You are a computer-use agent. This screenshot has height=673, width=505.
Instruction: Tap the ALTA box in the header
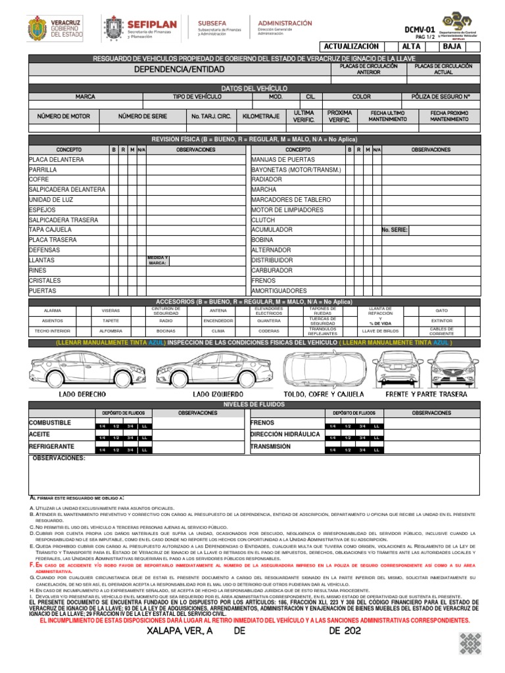(x=412, y=47)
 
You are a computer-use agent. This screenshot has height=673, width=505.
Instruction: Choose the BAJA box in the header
(x=452, y=47)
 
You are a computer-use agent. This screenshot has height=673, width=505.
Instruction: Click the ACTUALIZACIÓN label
(x=352, y=47)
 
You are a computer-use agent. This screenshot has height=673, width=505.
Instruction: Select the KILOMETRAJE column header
(x=260, y=116)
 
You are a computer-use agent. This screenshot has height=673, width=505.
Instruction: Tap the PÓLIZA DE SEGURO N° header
(x=445, y=97)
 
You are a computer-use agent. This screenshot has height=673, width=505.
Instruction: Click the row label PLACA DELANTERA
(x=57, y=160)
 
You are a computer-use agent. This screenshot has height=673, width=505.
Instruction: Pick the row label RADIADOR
(x=267, y=179)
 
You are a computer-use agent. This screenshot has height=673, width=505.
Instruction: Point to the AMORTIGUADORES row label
(x=279, y=290)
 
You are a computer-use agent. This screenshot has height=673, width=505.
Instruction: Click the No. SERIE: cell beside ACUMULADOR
(x=395, y=230)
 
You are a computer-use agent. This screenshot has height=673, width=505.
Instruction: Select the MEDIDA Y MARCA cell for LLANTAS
(x=158, y=260)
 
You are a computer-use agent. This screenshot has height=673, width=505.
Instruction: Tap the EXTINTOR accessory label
(x=441, y=321)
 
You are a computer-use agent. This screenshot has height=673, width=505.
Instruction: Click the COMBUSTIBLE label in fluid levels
(x=49, y=423)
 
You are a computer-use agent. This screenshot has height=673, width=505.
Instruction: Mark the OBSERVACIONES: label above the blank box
(x=59, y=458)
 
